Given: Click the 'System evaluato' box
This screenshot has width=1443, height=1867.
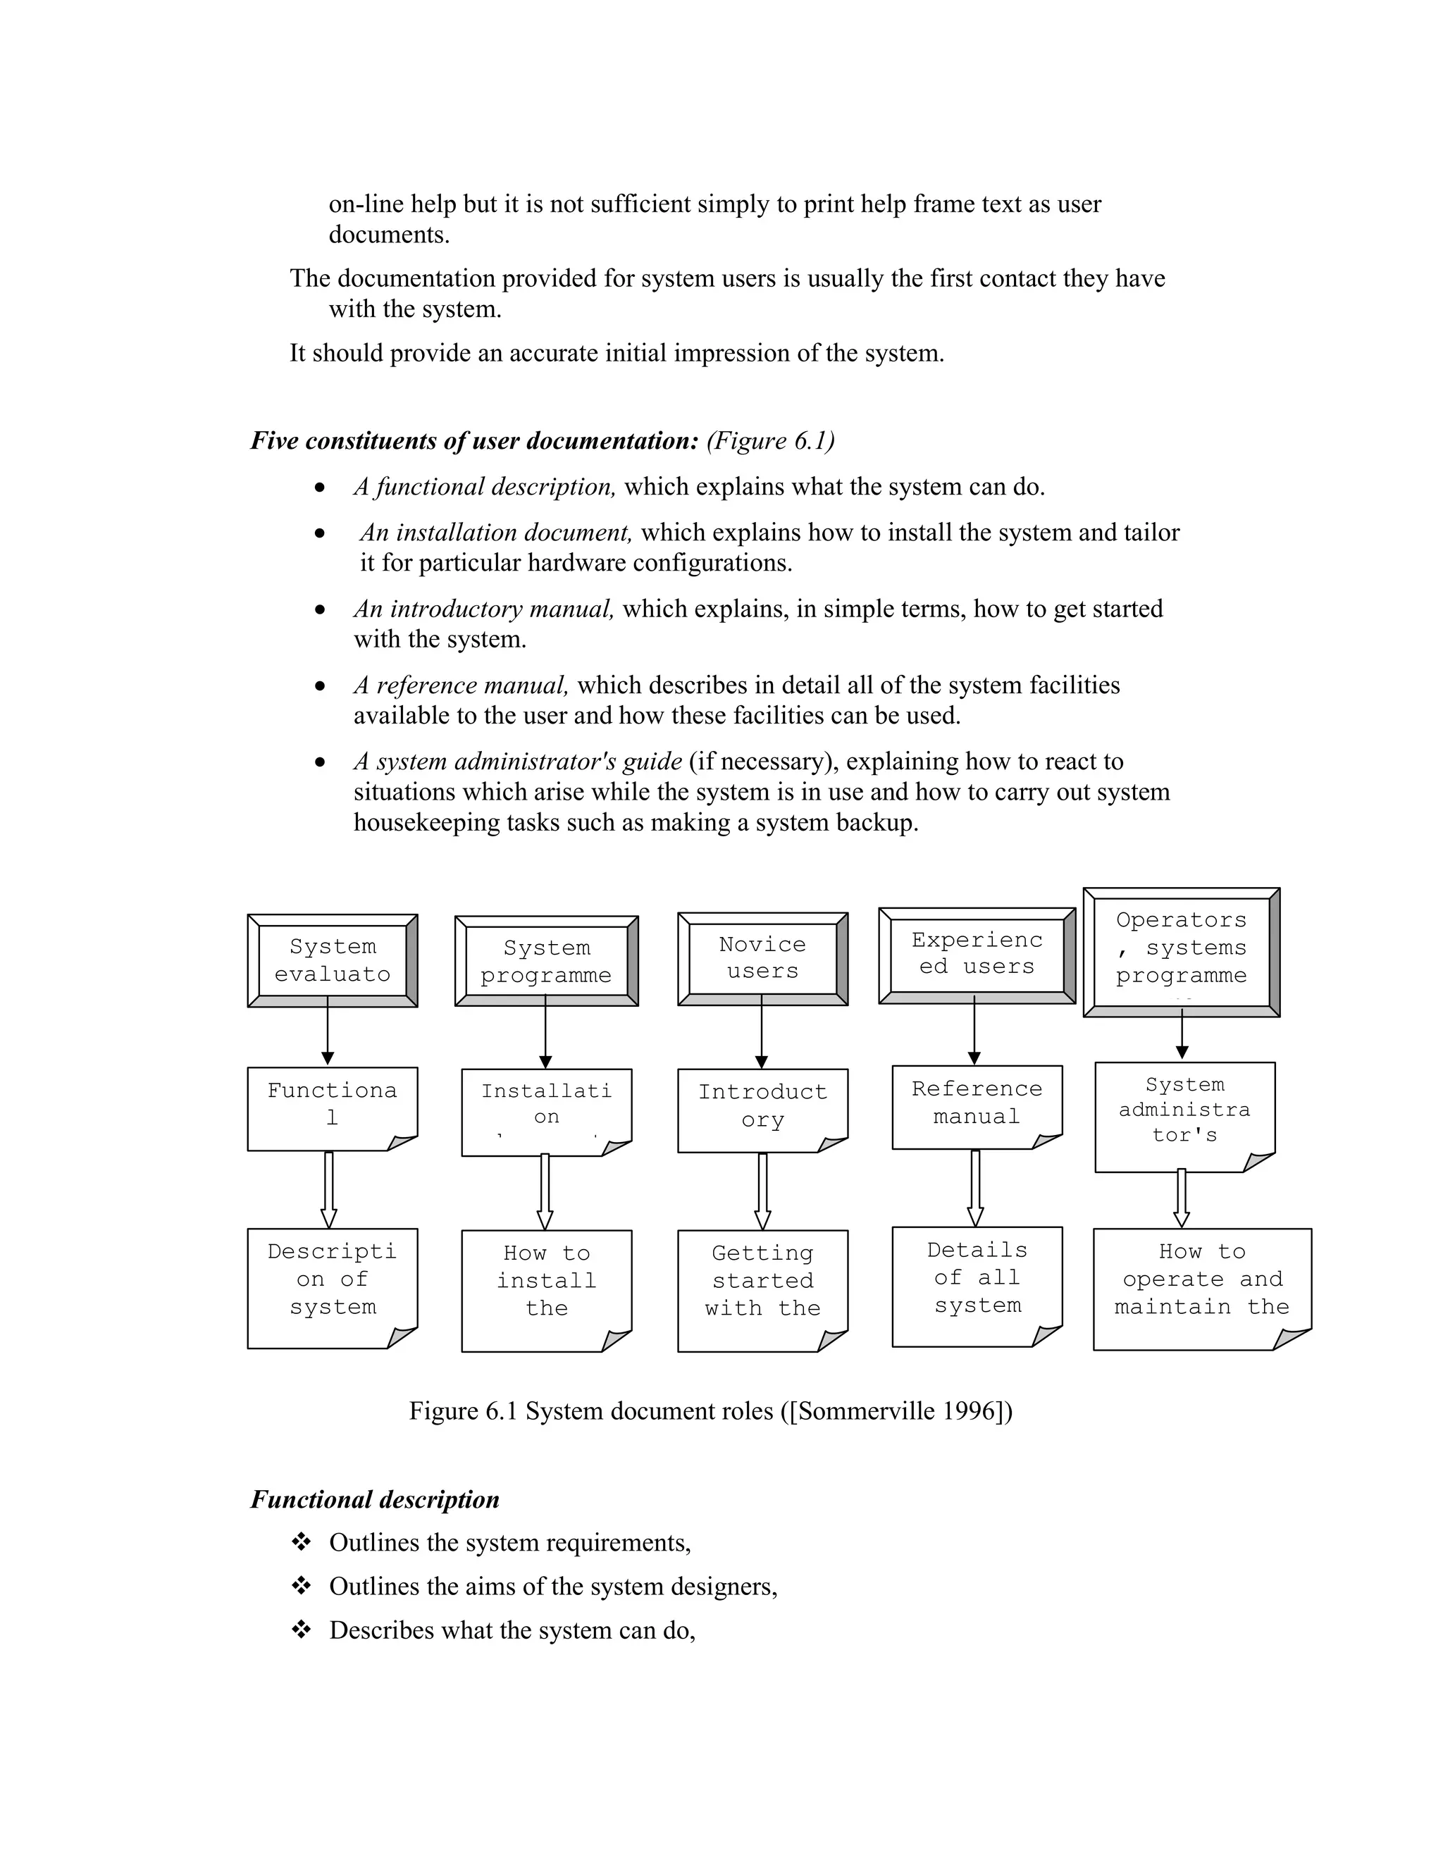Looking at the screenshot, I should click(x=332, y=960).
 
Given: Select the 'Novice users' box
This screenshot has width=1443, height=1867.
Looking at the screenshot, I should click(x=762, y=958).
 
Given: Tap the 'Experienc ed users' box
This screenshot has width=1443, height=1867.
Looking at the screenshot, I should click(x=977, y=955).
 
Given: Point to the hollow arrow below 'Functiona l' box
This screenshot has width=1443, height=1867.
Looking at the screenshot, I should click(x=328, y=1189).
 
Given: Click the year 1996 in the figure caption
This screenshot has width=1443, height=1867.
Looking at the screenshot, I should click(x=972, y=1410).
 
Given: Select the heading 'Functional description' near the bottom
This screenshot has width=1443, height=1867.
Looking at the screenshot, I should click(x=374, y=1499).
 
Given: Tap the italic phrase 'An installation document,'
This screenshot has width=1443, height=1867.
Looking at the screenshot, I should click(x=496, y=533).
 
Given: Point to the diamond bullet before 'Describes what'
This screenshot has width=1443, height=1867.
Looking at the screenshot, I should click(x=301, y=1630).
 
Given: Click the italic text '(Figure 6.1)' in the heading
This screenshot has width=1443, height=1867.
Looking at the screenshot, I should click(x=770, y=441).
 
